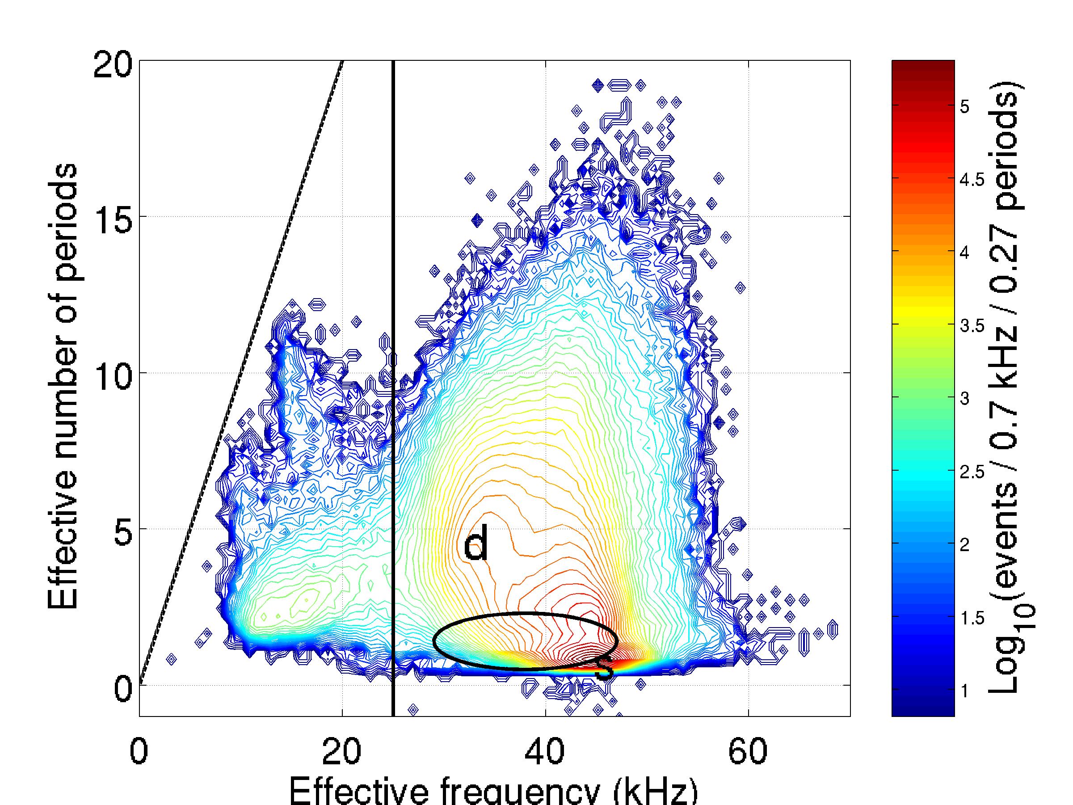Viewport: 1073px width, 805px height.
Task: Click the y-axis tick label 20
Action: tap(113, 66)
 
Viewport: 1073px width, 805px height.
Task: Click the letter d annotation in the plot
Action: tap(476, 544)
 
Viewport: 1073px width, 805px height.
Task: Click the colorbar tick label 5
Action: tap(964, 107)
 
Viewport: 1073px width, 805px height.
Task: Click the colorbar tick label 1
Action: tap(964, 691)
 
